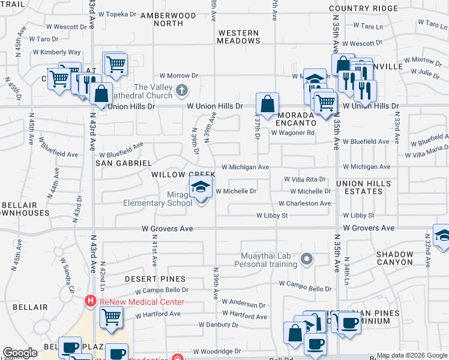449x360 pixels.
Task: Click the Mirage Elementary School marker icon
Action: point(201,187)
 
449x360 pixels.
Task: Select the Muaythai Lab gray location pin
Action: point(307,259)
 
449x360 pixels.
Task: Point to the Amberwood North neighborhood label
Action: point(161,19)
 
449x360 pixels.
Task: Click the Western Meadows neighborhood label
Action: point(239,37)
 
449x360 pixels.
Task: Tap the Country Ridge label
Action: point(363,8)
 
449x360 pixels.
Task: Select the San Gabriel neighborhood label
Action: point(124,163)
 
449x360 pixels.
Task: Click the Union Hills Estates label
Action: point(364,187)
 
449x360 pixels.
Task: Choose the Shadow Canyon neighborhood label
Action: point(395,258)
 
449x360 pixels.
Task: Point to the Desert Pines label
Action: point(155,279)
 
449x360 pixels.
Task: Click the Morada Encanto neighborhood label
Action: point(295,118)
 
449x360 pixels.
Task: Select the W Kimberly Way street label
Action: point(61,53)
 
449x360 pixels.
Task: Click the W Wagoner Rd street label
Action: point(293,133)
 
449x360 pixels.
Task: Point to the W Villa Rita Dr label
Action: point(305,179)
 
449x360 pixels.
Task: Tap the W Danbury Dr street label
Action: point(218,325)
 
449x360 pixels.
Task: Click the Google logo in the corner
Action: point(20,353)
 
